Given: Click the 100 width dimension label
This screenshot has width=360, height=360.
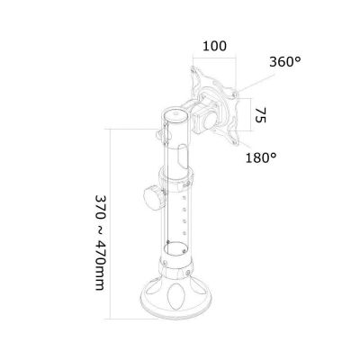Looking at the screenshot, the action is (x=214, y=46).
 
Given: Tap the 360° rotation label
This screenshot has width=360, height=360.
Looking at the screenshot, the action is (x=284, y=62).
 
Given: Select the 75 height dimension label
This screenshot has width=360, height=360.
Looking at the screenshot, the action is (x=260, y=115).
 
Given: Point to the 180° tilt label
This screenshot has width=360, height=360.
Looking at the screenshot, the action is (x=261, y=157).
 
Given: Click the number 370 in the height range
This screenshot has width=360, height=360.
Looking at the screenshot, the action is (x=101, y=206).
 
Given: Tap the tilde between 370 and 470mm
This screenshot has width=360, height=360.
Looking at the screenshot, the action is (x=100, y=225).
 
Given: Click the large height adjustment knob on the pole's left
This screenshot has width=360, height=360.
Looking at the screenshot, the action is (x=154, y=197).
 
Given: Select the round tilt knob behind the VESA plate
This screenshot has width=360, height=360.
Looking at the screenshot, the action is (x=211, y=121).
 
